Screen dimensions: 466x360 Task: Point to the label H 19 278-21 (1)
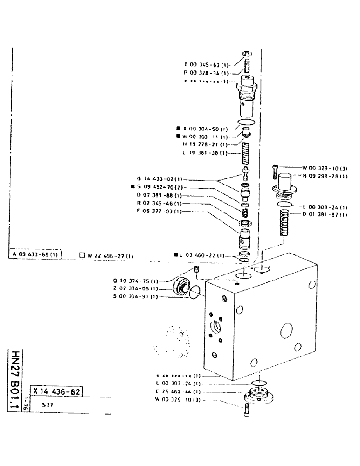pyautogui.click(x=206, y=145)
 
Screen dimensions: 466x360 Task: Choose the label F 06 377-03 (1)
pyautogui.click(x=159, y=212)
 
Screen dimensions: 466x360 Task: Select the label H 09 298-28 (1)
pyautogui.click(x=325, y=176)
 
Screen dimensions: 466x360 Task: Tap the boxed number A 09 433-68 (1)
pyautogui.click(x=35, y=254)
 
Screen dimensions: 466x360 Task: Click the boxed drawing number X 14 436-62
pyautogui.click(x=56, y=391)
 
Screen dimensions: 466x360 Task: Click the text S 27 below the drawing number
pyautogui.click(x=46, y=405)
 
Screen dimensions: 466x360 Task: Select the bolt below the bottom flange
pyautogui.click(x=246, y=411)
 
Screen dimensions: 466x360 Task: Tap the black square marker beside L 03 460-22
pyautogui.click(x=176, y=255)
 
